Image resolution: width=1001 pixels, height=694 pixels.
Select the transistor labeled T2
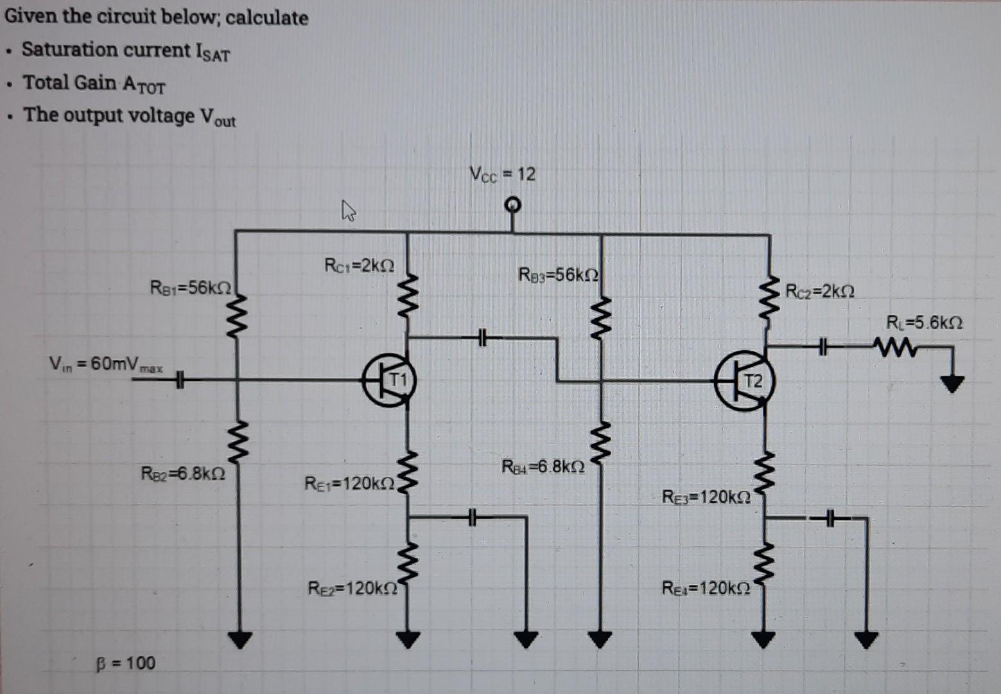pyautogui.click(x=743, y=382)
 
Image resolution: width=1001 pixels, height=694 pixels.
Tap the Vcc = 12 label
pyautogui.click(x=502, y=174)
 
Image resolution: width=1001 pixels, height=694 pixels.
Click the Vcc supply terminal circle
pyautogui.click(x=512, y=205)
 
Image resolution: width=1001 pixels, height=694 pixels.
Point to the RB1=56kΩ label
pyautogui.click(x=190, y=287)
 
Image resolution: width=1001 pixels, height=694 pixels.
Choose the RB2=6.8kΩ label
pyautogui.click(x=183, y=474)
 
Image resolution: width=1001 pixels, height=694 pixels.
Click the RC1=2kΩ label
pyautogui.click(x=359, y=265)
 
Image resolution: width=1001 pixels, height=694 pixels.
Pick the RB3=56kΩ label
pyautogui.click(x=559, y=275)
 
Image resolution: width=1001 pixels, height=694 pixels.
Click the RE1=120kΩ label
pyautogui.click(x=350, y=483)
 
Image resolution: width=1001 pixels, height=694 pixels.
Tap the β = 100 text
pyautogui.click(x=126, y=663)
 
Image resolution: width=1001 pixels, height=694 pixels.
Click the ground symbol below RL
pyautogui.click(x=952, y=384)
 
